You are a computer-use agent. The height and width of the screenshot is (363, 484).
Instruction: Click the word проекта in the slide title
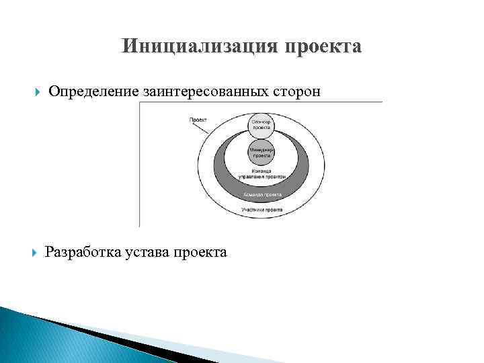[325, 47]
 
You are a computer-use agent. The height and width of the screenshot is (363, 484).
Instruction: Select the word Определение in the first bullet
[93, 91]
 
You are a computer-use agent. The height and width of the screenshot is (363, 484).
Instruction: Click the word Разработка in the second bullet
[83, 252]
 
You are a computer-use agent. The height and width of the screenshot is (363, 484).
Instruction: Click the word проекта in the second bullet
[200, 253]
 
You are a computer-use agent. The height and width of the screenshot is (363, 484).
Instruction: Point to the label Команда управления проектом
[262, 174]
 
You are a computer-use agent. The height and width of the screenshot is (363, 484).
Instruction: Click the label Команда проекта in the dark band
[262, 194]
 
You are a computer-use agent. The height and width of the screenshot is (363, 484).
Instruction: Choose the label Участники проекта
[262, 210]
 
